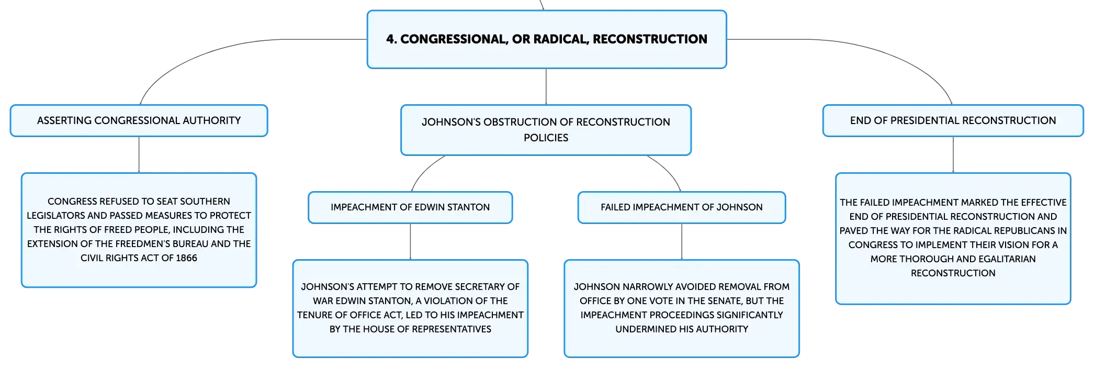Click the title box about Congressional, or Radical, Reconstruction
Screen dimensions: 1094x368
[547, 39]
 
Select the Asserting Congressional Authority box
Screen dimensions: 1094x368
[139, 120]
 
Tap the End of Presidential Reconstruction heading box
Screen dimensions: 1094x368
[953, 120]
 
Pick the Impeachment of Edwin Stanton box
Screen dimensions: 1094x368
[410, 207]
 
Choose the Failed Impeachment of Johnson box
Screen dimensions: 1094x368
[682, 207]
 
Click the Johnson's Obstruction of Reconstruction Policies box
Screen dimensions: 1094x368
[546, 130]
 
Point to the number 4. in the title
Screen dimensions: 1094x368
[391, 39]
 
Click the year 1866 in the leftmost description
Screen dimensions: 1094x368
[187, 258]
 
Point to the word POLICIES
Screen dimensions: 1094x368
[546, 138]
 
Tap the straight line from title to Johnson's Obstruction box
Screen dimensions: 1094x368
[546, 86]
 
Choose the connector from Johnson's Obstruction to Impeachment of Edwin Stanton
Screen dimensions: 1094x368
[425, 170]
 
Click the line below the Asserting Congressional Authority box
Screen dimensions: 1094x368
[139, 154]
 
